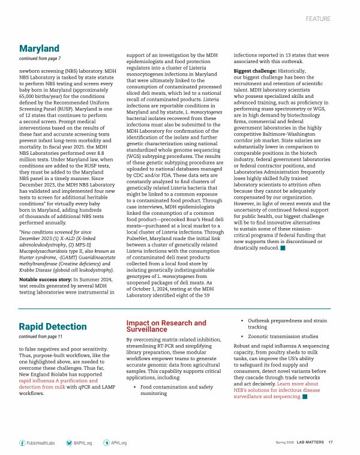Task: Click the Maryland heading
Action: pyautogui.click(x=39, y=48)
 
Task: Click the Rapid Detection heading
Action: pyautogui.click(x=53, y=327)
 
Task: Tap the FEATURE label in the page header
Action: pyautogui.click(x=318, y=19)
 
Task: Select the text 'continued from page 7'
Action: pyautogui.click(x=40, y=58)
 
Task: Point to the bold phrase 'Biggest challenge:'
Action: pyautogui.click(x=254, y=71)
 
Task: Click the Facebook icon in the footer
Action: pyautogui.click(x=22, y=442)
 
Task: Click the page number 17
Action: pyautogui.click(x=331, y=442)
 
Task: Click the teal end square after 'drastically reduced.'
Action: pyautogui.click(x=283, y=248)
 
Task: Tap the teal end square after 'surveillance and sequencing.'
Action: pyautogui.click(x=305, y=396)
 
